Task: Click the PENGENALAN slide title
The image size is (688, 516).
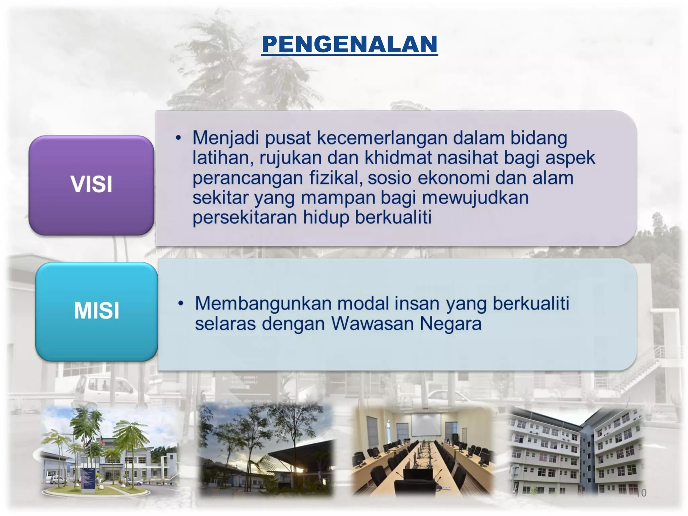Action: [x=349, y=44]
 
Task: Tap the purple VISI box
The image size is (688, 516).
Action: [x=91, y=185]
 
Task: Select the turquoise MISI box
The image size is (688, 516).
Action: [x=97, y=311]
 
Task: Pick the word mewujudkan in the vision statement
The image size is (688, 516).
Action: [x=475, y=198]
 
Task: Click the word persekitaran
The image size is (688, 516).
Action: [x=245, y=217]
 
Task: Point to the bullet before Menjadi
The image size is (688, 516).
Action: [x=178, y=138]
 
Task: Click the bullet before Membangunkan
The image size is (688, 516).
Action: [x=181, y=303]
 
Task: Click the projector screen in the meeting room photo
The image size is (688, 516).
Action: [x=426, y=424]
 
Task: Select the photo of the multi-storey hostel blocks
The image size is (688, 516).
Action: [x=576, y=452]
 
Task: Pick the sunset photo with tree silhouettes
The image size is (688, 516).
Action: [x=266, y=450]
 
